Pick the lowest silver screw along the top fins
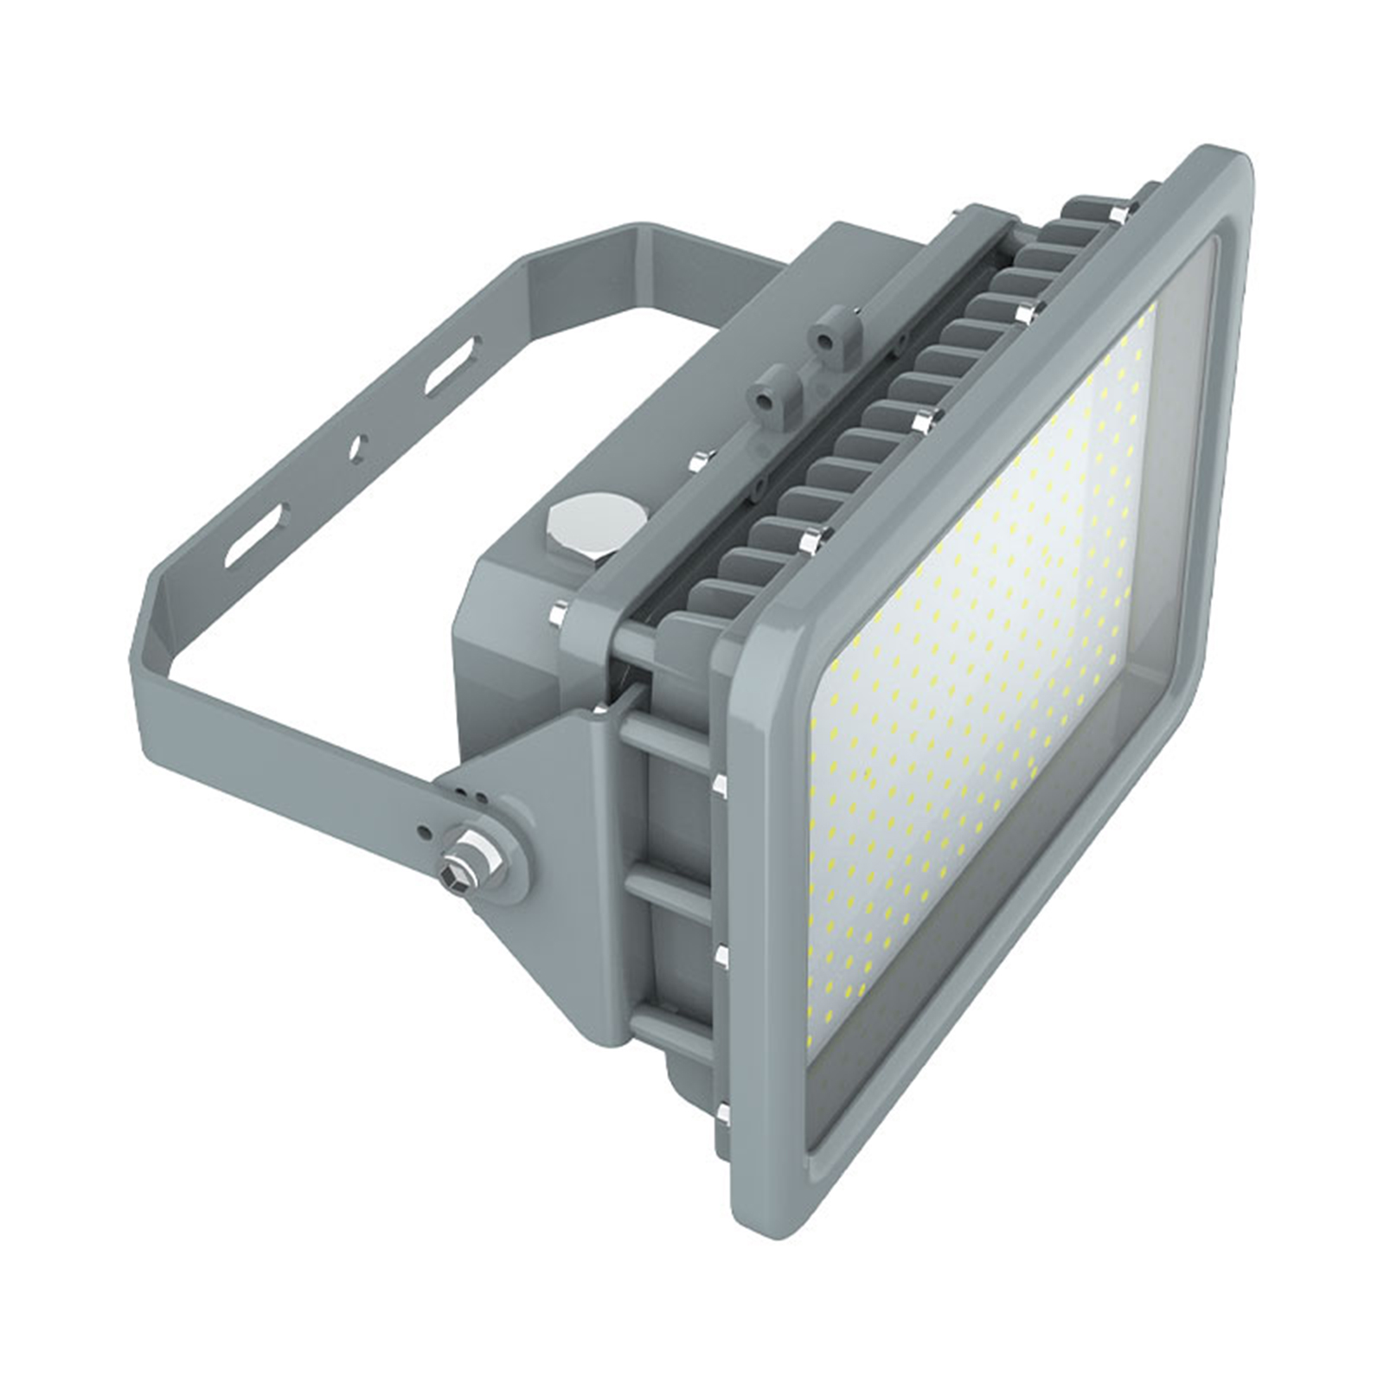(x=813, y=541)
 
